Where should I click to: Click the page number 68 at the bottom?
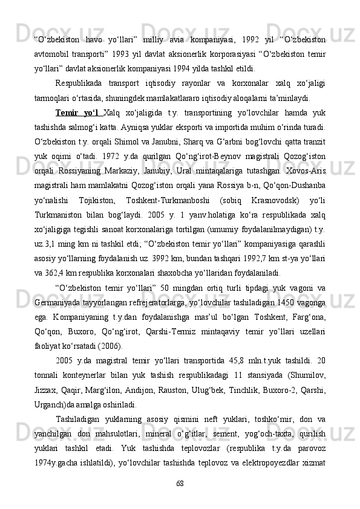point(180,482)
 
